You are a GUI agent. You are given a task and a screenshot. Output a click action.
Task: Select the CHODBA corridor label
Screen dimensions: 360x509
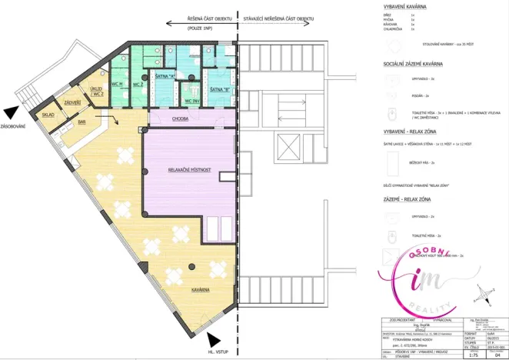(x=181, y=119)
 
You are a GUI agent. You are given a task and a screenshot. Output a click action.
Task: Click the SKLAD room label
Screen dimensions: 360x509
(x=48, y=115)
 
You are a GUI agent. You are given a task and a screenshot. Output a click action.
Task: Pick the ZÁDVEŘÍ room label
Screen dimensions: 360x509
(x=73, y=102)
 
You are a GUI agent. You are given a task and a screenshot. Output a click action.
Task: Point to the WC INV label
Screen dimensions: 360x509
(x=192, y=101)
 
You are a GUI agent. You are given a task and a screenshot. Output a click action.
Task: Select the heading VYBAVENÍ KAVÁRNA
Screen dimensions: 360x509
(x=409, y=7)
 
